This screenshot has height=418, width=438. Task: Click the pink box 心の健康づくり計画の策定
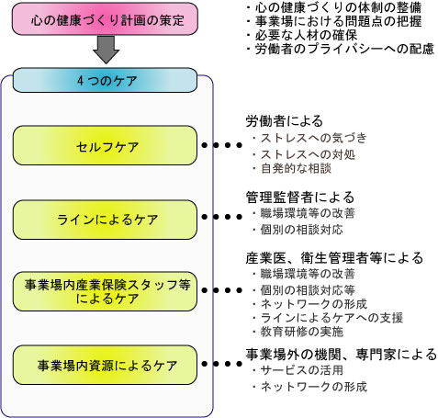click(x=105, y=18)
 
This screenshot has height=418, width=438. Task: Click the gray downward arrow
click(x=106, y=50)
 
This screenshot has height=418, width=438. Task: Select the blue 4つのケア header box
click(x=105, y=80)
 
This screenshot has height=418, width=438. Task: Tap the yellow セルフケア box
click(x=105, y=145)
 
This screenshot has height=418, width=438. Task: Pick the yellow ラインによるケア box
click(x=105, y=220)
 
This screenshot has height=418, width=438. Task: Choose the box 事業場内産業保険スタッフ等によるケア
click(x=105, y=291)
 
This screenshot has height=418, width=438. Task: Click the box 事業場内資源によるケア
click(x=105, y=365)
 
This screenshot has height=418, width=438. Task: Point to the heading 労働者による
click(x=285, y=121)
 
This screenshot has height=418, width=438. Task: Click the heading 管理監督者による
click(x=300, y=198)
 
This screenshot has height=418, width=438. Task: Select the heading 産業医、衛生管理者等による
click(x=334, y=258)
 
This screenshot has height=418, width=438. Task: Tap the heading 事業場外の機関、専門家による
click(x=342, y=355)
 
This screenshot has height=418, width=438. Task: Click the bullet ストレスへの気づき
click(x=309, y=138)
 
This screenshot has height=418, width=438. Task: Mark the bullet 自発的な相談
click(x=292, y=168)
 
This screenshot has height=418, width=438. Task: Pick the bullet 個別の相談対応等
click(x=304, y=289)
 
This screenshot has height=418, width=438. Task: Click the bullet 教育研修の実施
click(x=298, y=332)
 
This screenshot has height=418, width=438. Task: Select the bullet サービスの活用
click(x=298, y=370)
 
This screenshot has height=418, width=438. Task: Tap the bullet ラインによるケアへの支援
click(x=328, y=318)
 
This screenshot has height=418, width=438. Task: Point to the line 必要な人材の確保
click(x=302, y=35)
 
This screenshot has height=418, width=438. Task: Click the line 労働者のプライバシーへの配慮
click(x=341, y=49)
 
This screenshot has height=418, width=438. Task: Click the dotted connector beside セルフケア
click(x=222, y=145)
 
